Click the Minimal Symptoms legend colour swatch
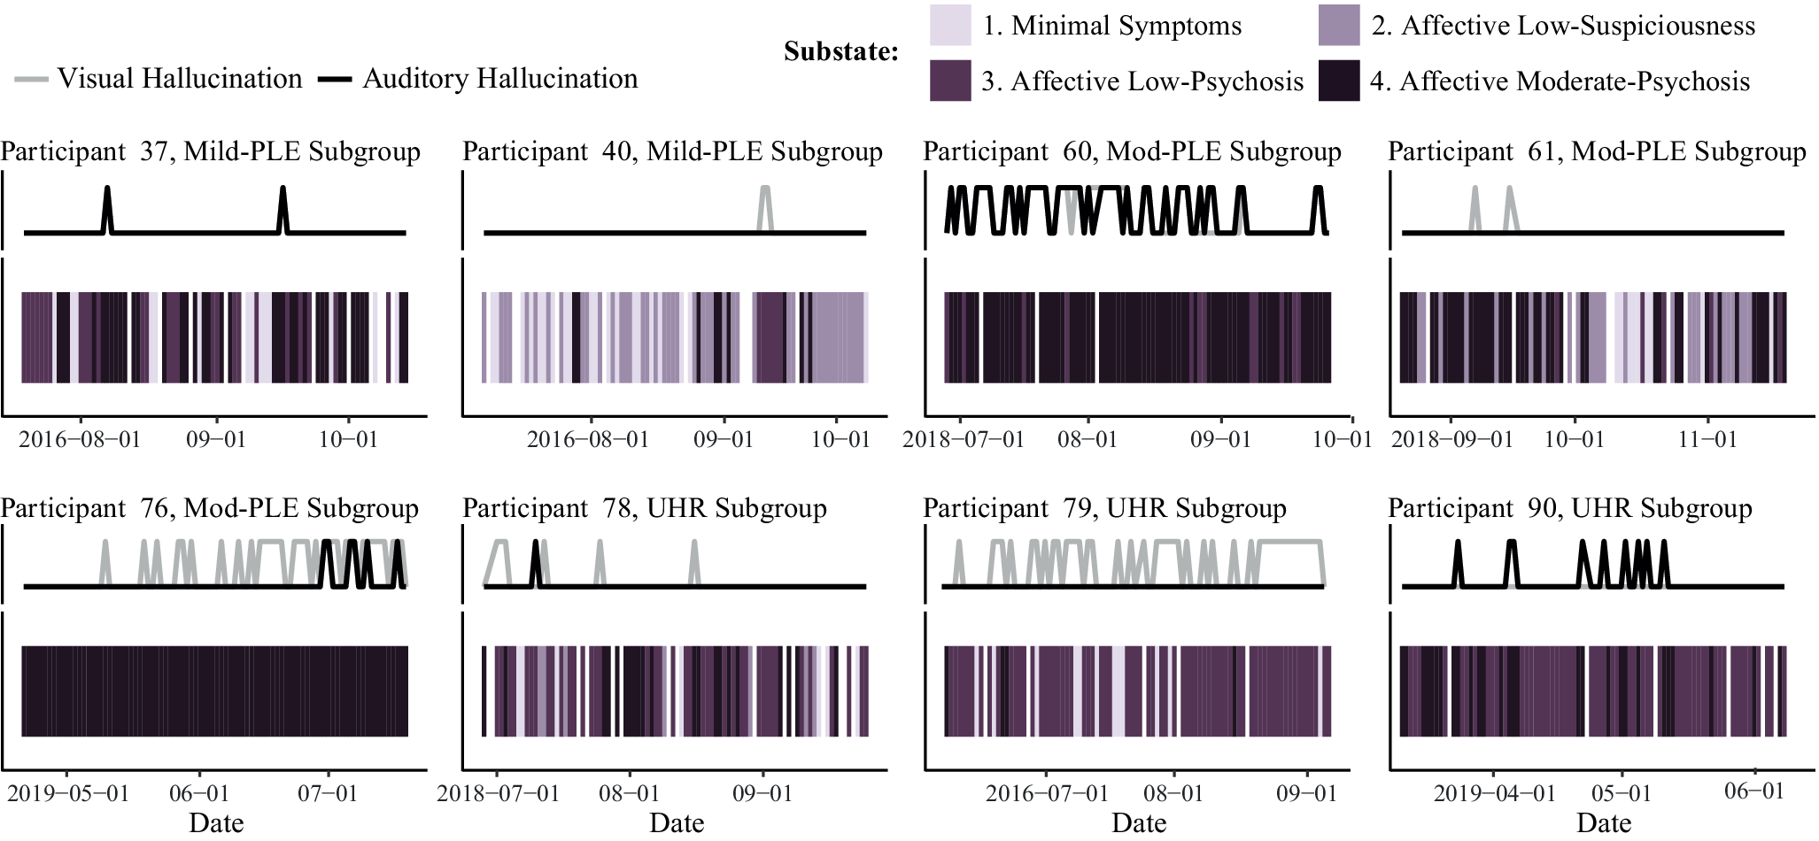(950, 25)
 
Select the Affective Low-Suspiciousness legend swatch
(1339, 25)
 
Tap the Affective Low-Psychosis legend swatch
(950, 81)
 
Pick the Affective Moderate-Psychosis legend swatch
(1339, 81)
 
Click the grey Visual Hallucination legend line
(32, 80)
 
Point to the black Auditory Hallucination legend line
(337, 80)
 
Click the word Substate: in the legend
(841, 51)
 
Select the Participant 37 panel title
(211, 151)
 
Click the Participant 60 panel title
(1133, 151)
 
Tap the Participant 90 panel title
(1570, 508)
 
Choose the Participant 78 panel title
(645, 508)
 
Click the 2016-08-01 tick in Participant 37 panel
(80, 439)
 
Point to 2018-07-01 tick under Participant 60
(964, 439)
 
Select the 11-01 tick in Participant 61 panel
(1707, 439)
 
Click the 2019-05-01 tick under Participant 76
(68, 792)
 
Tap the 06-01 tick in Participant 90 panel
(1754, 791)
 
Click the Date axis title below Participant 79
(1139, 822)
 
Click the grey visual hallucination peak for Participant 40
(765, 189)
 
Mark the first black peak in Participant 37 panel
(107, 189)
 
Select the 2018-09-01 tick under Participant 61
(1452, 439)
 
